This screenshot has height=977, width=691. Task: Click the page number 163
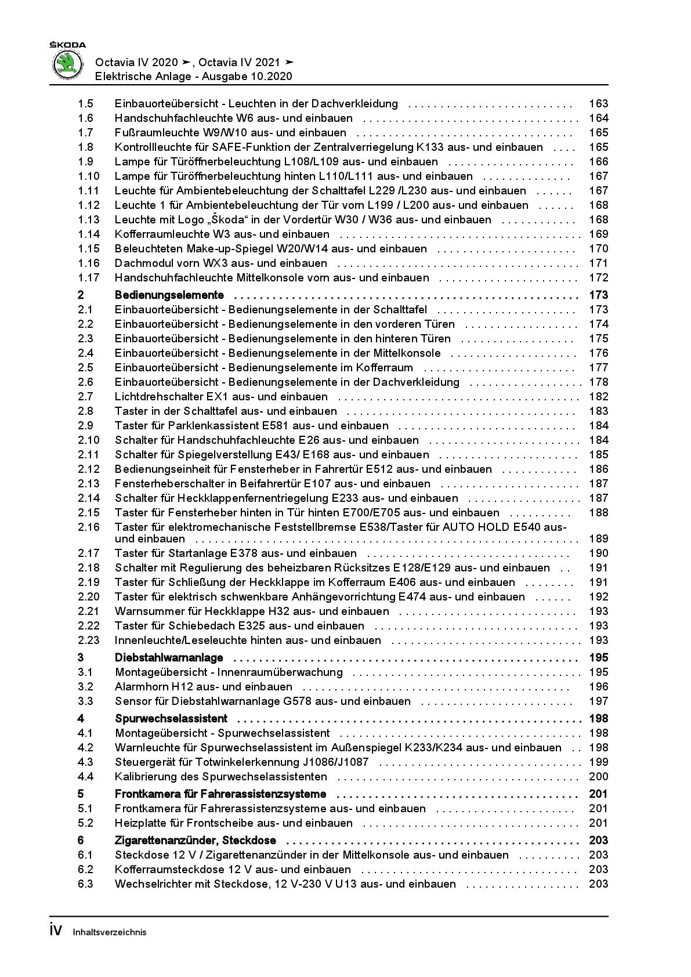coord(598,104)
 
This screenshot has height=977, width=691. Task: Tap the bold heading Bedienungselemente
coord(169,295)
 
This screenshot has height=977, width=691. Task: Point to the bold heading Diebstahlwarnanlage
coord(169,658)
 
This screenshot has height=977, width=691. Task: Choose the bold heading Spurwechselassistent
coord(171,719)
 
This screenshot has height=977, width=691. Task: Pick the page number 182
coord(598,397)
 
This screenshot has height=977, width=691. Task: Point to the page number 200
coord(598,777)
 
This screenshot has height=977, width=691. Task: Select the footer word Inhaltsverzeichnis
coord(110,933)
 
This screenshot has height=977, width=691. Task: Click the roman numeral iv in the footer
coord(56,931)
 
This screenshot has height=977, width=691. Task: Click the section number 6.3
coord(85,884)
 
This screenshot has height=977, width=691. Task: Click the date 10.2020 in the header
coord(273,77)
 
